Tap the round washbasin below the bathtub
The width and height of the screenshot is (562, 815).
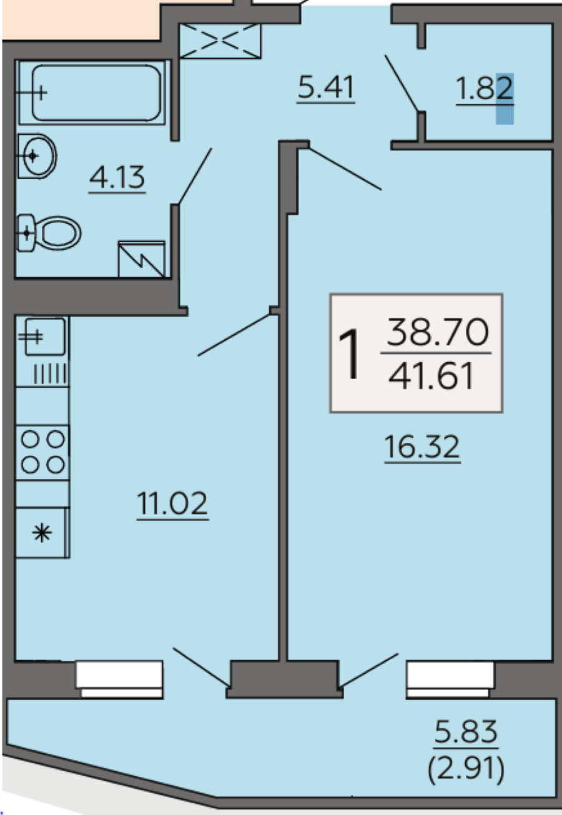[x=37, y=156]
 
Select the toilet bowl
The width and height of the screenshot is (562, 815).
[x=49, y=232]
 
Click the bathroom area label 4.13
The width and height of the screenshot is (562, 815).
[x=117, y=178]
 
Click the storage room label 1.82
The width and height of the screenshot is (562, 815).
[x=485, y=89]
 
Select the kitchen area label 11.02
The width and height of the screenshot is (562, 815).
[x=172, y=503]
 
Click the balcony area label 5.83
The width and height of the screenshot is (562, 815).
[x=466, y=731]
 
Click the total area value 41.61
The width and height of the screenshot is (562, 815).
[x=431, y=376]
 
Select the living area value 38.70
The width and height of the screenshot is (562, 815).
[x=438, y=332]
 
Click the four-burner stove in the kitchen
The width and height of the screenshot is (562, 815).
[x=42, y=452]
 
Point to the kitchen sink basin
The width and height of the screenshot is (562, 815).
[x=45, y=337]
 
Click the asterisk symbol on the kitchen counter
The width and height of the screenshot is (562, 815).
[x=42, y=533]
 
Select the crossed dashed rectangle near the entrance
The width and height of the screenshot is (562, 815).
[x=220, y=41]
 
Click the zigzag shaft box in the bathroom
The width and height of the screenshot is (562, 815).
[x=142, y=259]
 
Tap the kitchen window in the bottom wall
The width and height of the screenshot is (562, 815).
[x=119, y=679]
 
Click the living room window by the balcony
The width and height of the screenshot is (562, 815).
[x=450, y=679]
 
